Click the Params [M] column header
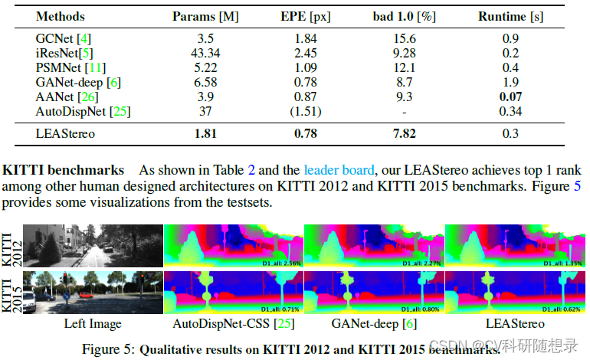click(205, 15)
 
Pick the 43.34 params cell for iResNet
click(204, 51)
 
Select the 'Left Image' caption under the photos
click(92, 324)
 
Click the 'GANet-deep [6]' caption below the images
click(373, 324)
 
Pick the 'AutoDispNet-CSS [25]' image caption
click(233, 324)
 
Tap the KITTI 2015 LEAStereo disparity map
click(514, 293)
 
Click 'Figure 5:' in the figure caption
click(109, 349)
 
